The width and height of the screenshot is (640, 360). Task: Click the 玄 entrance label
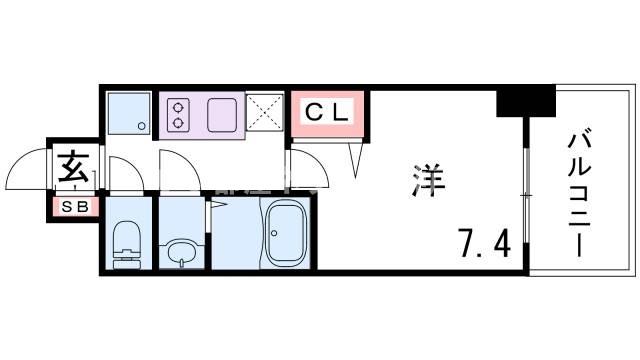(73, 164)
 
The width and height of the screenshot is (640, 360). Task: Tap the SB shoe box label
(73, 207)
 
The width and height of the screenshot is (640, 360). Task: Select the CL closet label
(326, 112)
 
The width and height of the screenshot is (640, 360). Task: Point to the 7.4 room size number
(485, 241)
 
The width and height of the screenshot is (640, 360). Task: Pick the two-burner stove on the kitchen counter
(181, 113)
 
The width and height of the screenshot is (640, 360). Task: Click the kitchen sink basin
(222, 113)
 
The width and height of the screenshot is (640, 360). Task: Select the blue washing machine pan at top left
(127, 113)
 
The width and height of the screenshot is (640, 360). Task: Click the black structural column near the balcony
(525, 101)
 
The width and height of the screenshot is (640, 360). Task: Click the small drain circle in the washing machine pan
(141, 126)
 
